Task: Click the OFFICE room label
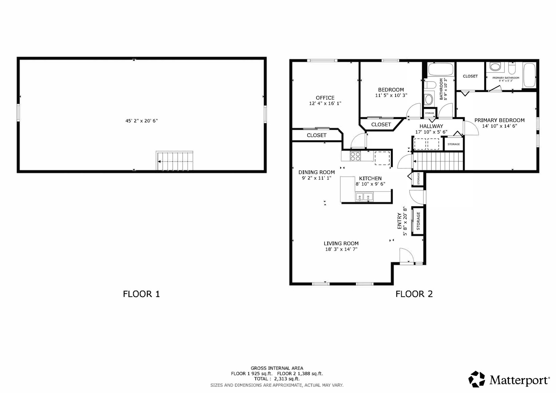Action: tap(325, 98)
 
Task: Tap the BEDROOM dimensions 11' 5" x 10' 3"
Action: tap(391, 95)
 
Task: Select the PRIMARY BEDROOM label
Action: tap(500, 120)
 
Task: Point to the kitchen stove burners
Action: tap(355, 156)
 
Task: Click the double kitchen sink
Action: tap(364, 197)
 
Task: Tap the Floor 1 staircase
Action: tap(174, 161)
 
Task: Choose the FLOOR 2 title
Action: tap(414, 294)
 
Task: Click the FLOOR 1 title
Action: tap(141, 294)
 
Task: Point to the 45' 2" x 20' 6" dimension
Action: tap(142, 121)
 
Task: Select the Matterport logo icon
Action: tap(477, 379)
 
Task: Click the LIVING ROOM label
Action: tap(341, 244)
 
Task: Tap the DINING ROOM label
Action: tap(316, 172)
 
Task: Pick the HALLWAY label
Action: tap(431, 126)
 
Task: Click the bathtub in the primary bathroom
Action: tap(529, 75)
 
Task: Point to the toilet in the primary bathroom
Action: tap(512, 68)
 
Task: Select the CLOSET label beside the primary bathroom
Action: tap(470, 76)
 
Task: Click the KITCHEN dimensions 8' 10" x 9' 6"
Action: tap(370, 184)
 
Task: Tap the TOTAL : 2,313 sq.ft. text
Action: tap(277, 379)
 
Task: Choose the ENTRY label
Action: tap(399, 221)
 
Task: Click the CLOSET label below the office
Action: tap(316, 135)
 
